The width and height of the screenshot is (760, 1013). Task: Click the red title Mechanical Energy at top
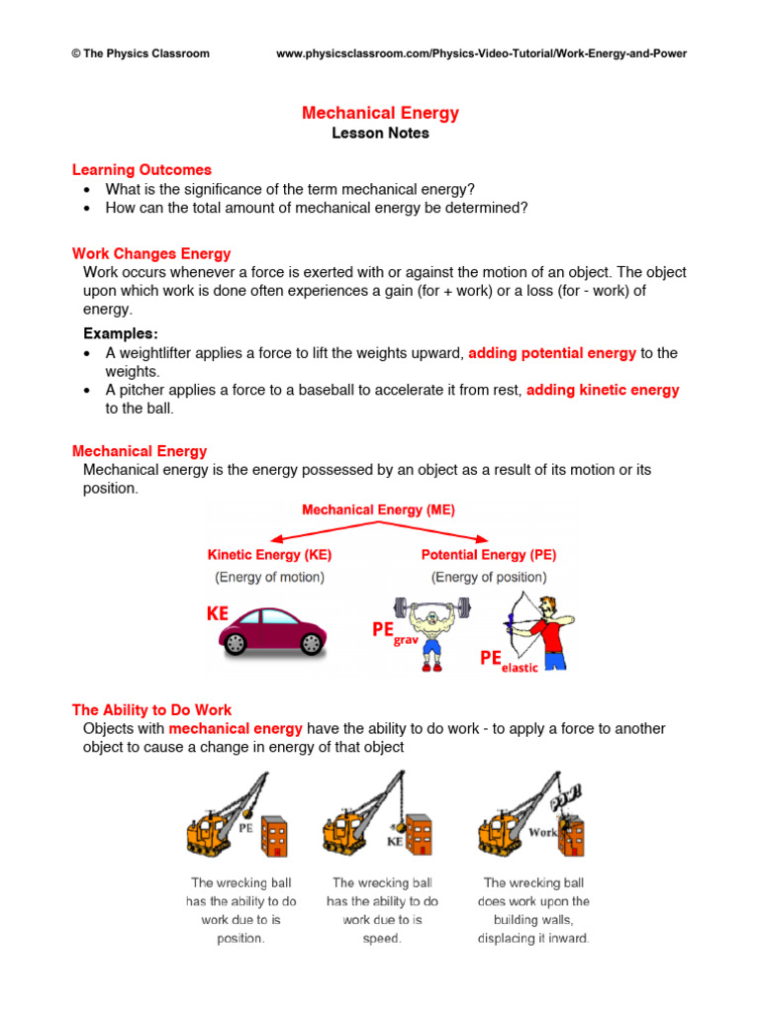(380, 113)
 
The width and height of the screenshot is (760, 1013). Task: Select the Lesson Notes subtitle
(380, 134)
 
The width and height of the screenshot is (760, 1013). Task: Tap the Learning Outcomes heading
(142, 170)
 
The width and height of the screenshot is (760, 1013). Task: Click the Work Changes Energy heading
(151, 254)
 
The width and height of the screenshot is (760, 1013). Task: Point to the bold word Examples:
(121, 332)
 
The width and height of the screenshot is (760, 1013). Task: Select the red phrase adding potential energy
(552, 353)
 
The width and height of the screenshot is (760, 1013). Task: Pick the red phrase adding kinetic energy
(603, 390)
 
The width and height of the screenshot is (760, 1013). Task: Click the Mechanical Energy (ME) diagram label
(378, 510)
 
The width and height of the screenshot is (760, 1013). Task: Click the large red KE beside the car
(218, 614)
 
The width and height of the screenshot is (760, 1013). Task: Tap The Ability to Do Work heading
(151, 709)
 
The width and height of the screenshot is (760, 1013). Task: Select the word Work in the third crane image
(543, 832)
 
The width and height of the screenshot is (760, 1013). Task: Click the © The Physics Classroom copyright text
(141, 53)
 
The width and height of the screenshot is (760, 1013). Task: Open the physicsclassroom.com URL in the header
(481, 53)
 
